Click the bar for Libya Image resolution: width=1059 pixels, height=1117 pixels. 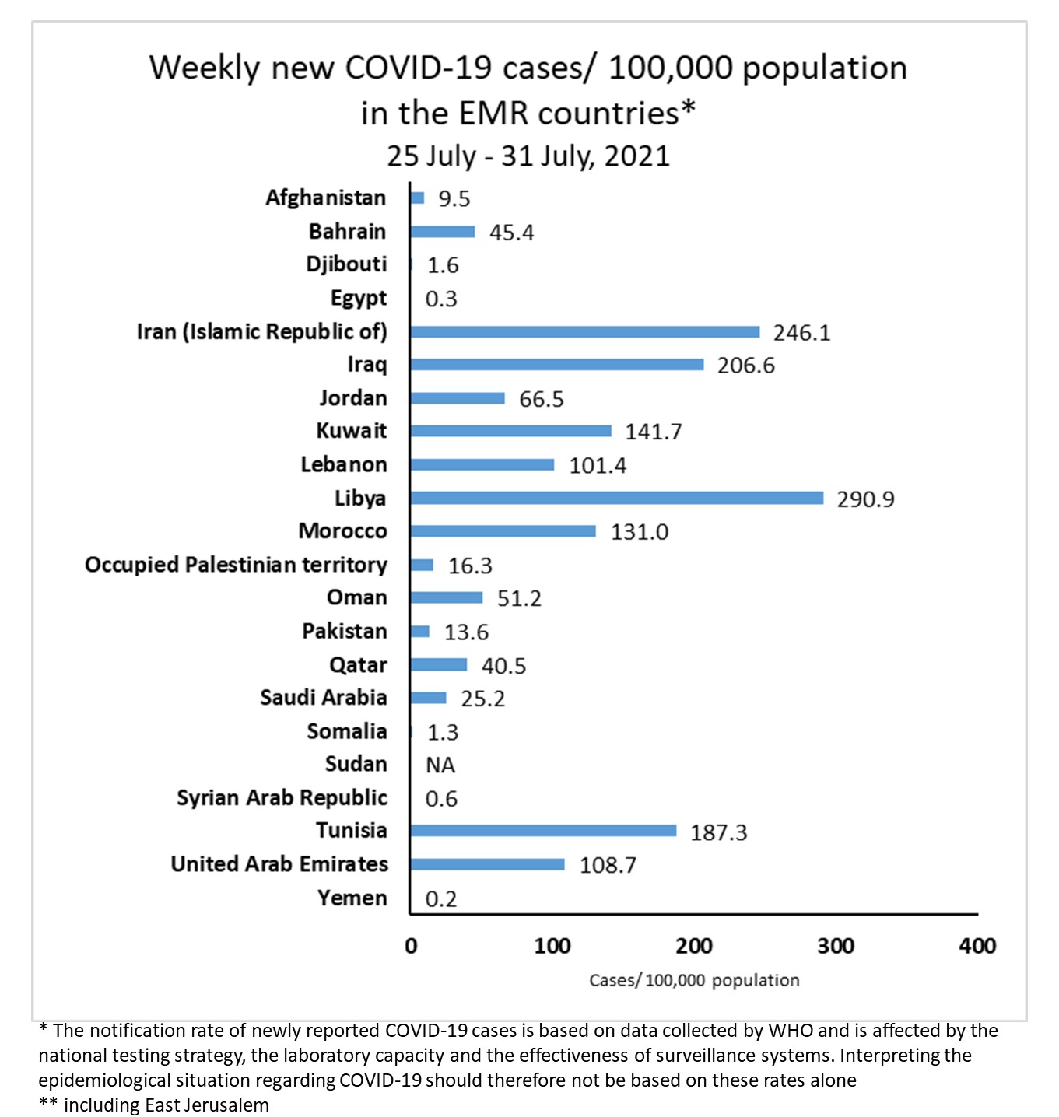[616, 498]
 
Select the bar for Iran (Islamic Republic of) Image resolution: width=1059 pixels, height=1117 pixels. [584, 332]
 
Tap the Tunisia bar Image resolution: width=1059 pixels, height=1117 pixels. [543, 831]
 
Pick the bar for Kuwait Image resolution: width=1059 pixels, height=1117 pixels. [510, 431]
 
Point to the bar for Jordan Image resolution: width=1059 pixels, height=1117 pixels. [458, 398]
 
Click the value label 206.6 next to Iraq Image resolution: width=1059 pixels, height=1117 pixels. [745, 366]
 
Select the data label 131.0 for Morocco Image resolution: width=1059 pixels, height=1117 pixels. [639, 532]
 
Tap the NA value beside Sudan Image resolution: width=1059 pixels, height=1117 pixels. [440, 765]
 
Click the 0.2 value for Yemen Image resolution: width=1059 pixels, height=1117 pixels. [440, 899]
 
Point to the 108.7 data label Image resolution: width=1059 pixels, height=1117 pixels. [608, 865]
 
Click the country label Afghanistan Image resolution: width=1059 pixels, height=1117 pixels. [325, 198]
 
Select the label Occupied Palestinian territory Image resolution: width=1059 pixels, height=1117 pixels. [236, 565]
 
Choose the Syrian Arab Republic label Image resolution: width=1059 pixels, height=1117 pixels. [282, 798]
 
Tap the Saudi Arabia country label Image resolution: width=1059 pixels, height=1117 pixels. [323, 698]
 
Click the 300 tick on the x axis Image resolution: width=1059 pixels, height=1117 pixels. [835, 946]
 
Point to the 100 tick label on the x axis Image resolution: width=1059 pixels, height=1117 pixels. [552, 946]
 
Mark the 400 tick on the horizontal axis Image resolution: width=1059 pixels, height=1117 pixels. [977, 946]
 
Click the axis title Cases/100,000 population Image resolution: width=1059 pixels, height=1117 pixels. [694, 980]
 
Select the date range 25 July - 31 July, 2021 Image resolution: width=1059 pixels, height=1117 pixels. [528, 156]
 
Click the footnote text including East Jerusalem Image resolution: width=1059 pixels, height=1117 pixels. [166, 1105]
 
